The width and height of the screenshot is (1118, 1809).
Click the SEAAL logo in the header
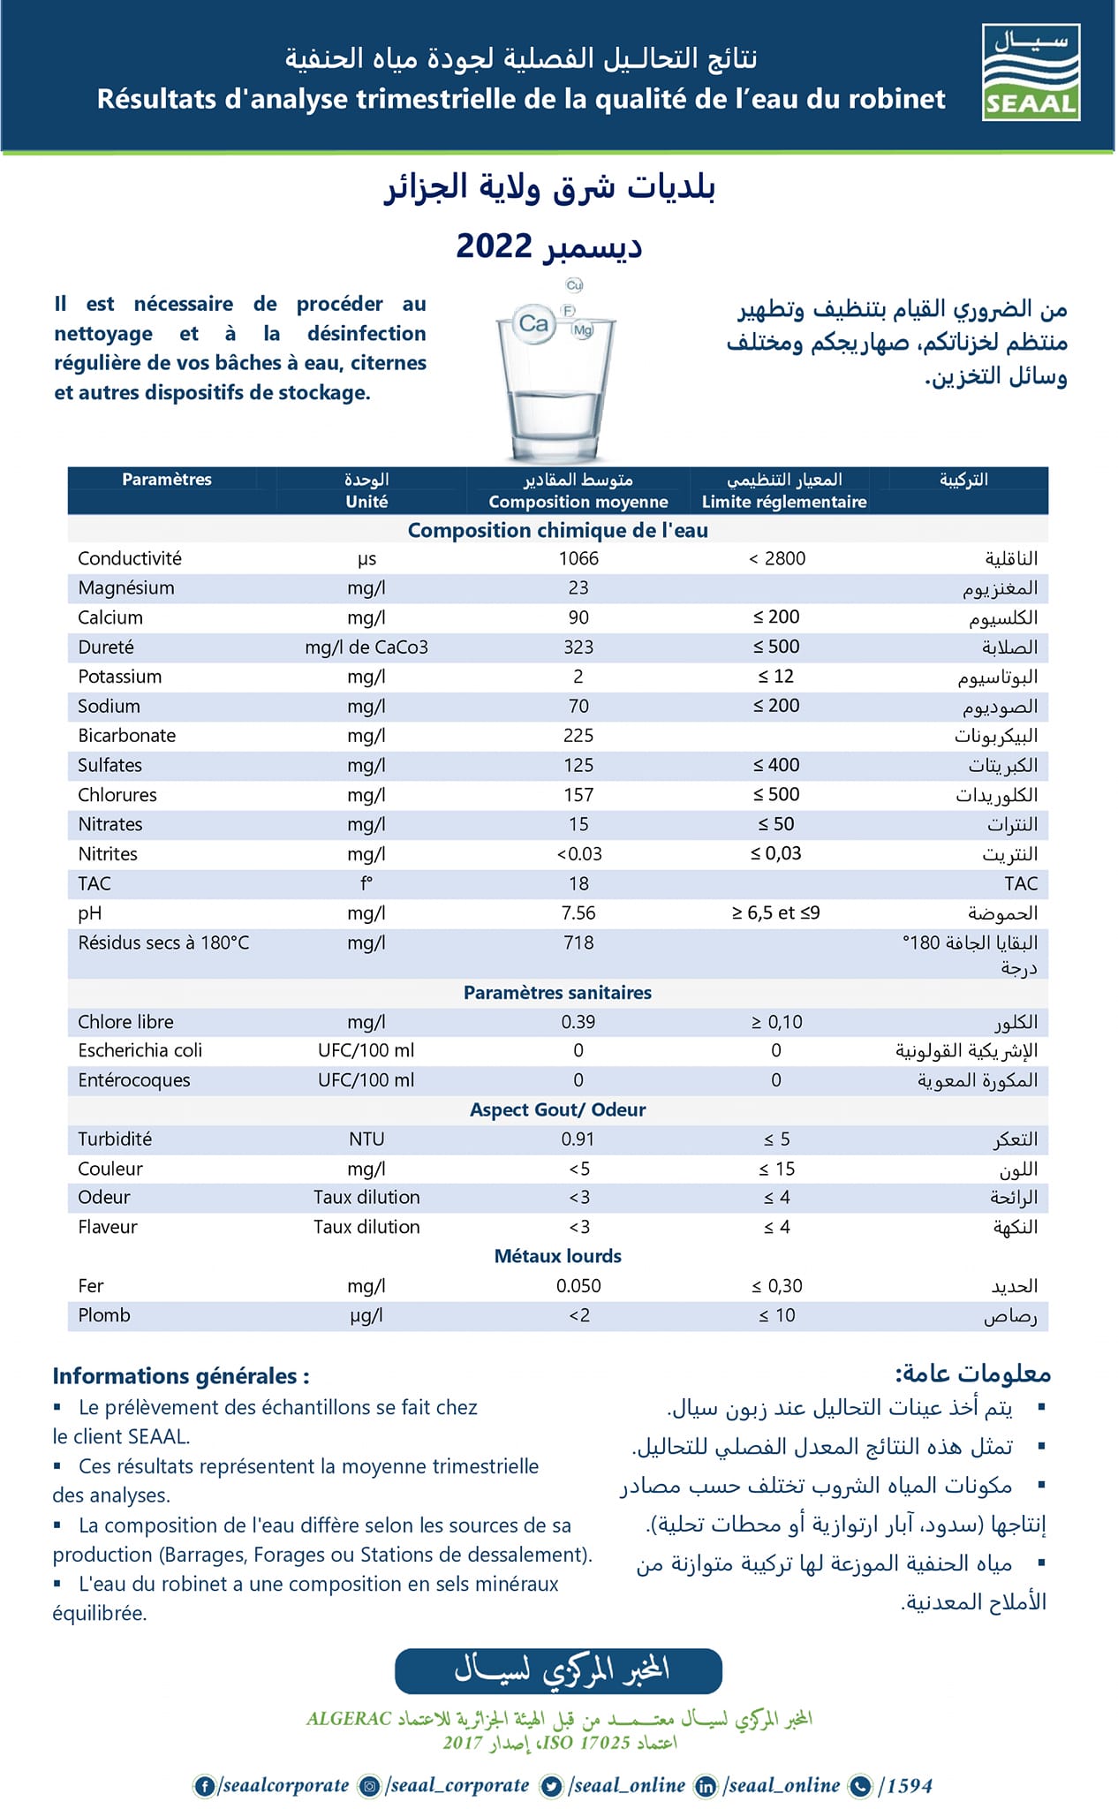point(1031,72)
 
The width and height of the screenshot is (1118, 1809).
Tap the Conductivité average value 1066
point(578,558)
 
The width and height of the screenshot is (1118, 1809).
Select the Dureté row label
point(106,647)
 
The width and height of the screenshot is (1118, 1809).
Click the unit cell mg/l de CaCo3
point(366,647)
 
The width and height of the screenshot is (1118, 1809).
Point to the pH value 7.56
point(578,912)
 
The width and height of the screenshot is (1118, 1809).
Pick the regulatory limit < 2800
point(776,558)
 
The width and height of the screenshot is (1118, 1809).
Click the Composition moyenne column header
point(578,502)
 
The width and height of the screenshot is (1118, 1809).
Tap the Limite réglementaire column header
point(784,502)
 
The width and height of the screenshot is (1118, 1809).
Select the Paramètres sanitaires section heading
point(557,992)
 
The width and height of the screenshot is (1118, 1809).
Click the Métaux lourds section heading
point(557,1255)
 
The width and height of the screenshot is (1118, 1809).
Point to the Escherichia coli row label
point(140,1050)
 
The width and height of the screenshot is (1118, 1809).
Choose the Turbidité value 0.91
point(578,1139)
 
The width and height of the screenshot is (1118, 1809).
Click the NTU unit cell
point(366,1139)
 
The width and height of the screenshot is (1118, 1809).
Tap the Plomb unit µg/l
point(366,1315)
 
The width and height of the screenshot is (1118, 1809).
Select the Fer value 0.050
point(578,1285)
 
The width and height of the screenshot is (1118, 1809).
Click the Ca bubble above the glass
point(533,323)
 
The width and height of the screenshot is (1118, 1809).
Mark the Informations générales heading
point(181,1375)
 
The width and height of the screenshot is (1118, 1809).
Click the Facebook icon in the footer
point(205,1786)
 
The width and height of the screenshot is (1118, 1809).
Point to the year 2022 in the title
point(494,246)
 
